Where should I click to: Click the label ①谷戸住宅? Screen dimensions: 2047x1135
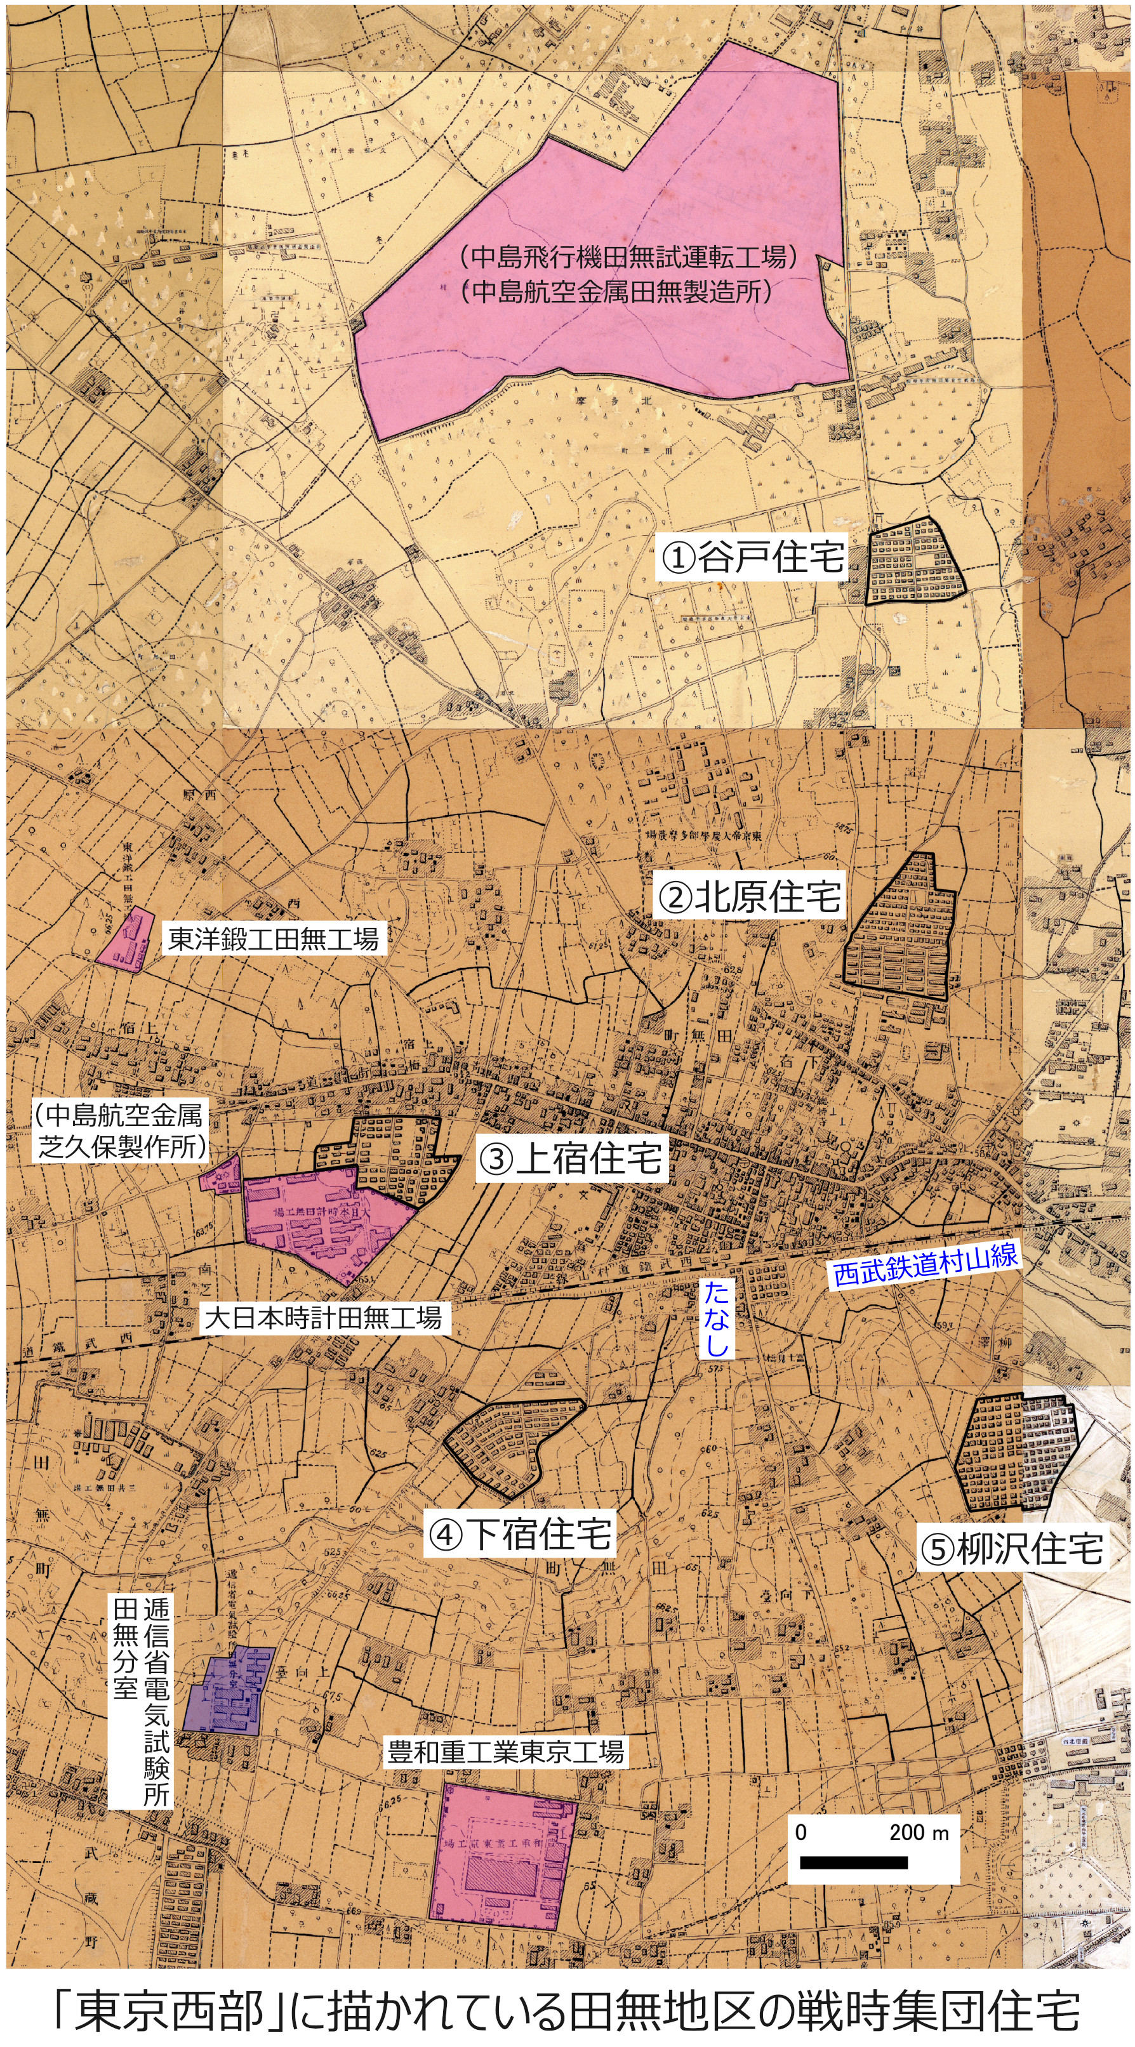751,559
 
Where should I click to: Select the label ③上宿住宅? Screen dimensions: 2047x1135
571,1158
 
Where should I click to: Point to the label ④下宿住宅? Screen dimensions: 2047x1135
521,1534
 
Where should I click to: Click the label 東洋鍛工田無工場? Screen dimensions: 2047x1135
272,939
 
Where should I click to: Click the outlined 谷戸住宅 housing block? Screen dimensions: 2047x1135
914,562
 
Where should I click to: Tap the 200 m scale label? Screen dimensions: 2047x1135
918,1832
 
